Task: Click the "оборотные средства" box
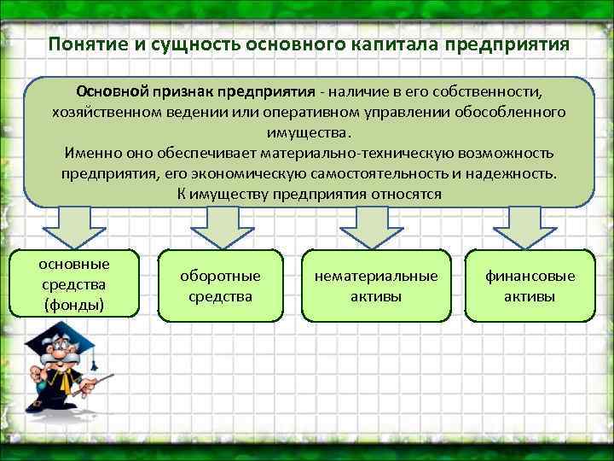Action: click(221, 286)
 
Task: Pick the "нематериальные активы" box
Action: click(376, 286)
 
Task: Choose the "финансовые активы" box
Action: click(530, 286)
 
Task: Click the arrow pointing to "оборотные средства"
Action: click(220, 227)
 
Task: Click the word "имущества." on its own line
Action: click(307, 132)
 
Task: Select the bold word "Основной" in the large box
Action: click(113, 91)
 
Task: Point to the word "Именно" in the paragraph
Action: click(91, 153)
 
